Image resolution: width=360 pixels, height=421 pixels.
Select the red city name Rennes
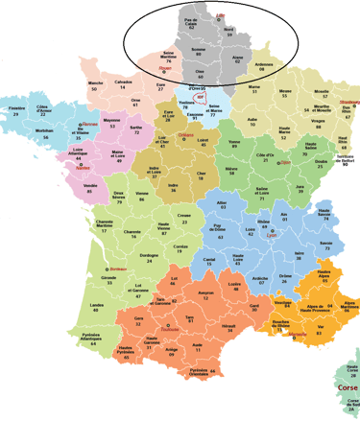click(90, 124)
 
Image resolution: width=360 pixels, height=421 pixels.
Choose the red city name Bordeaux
click(118, 269)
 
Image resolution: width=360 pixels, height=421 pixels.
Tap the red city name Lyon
click(272, 235)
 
